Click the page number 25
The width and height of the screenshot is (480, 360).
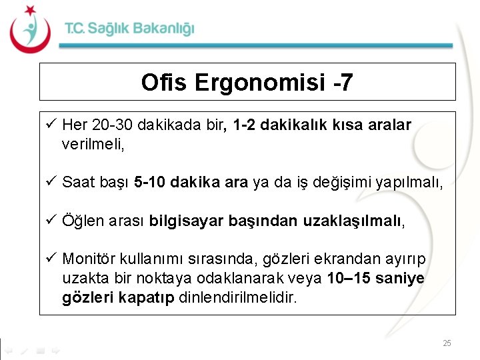click(x=447, y=343)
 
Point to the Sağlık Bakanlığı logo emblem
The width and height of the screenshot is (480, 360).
click(x=30, y=30)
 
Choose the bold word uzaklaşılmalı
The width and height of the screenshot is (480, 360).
click(x=355, y=221)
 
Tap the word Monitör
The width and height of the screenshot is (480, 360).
click(x=87, y=259)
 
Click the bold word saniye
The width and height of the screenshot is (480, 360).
click(x=401, y=277)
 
